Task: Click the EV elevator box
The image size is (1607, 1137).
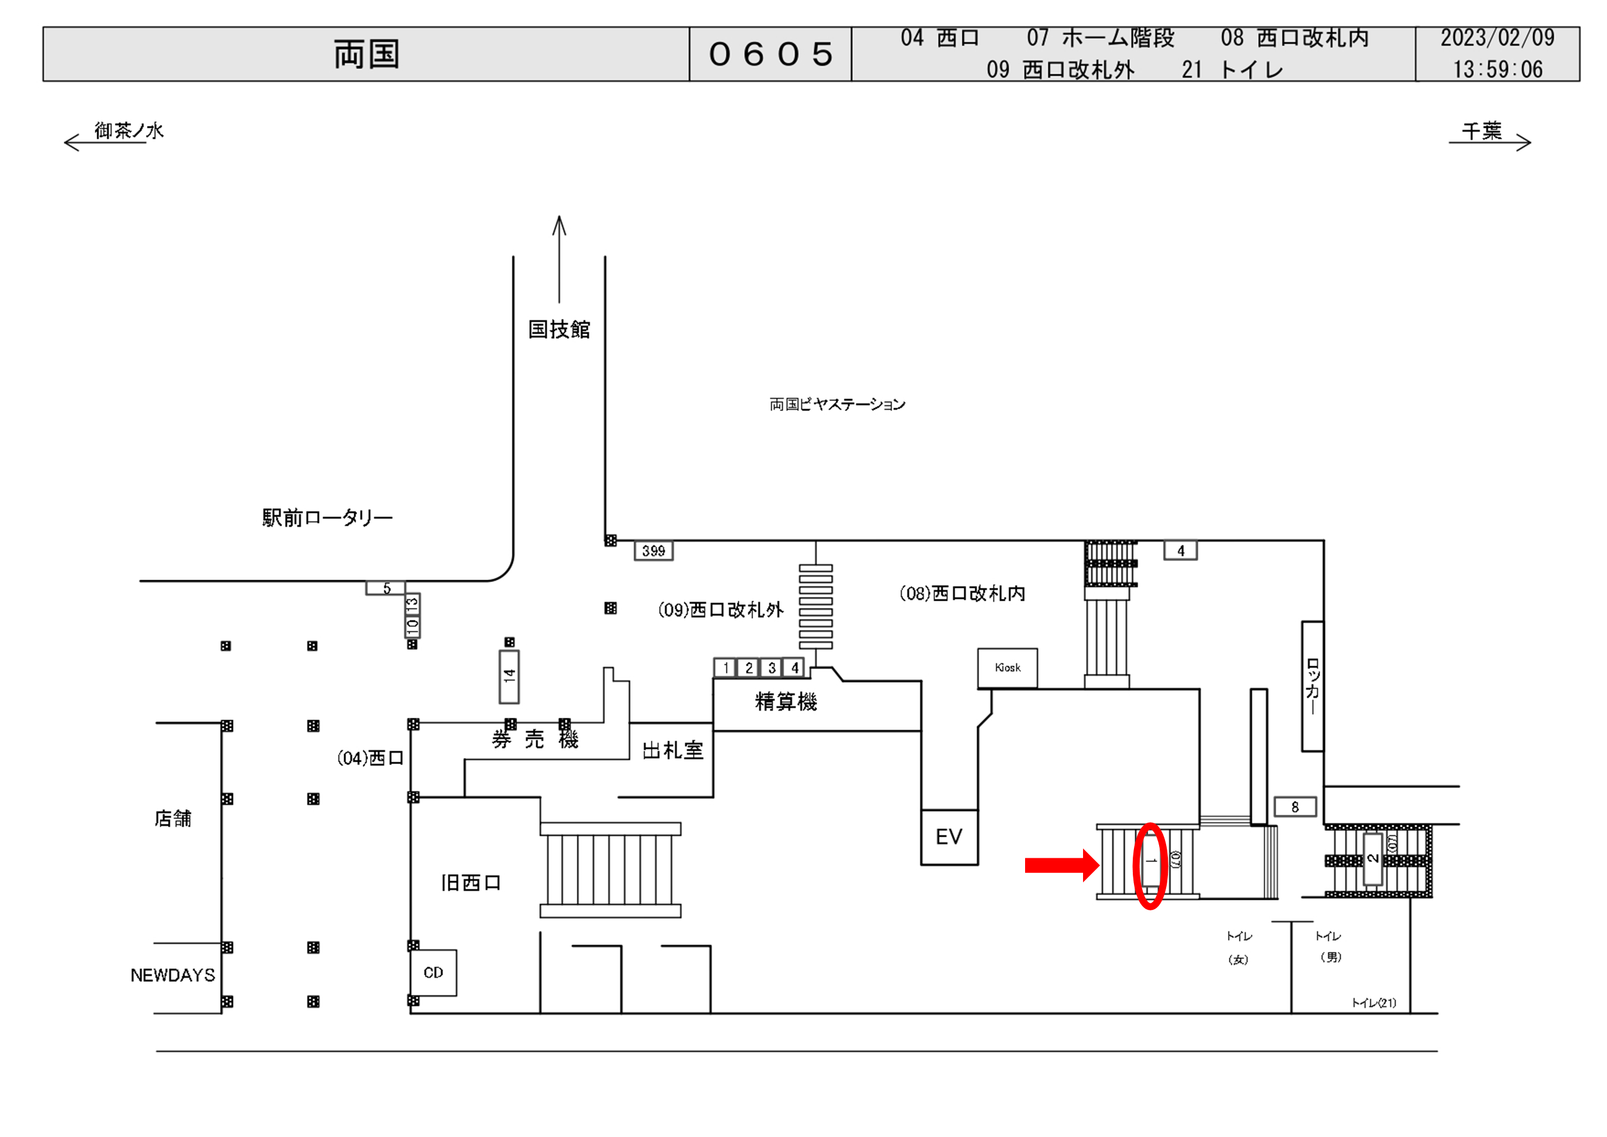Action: click(949, 837)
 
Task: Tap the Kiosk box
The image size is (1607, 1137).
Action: click(1007, 668)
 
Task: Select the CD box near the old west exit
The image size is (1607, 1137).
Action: click(433, 972)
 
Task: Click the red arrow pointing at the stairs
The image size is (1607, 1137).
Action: click(1061, 865)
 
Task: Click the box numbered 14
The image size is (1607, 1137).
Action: click(509, 676)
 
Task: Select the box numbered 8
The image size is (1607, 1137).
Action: click(1295, 807)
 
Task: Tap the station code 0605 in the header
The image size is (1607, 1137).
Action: click(770, 54)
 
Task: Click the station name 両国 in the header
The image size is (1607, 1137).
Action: click(366, 54)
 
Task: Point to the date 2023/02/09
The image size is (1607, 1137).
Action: click(1497, 38)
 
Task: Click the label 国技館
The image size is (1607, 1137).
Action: click(558, 329)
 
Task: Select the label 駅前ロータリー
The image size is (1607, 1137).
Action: click(327, 518)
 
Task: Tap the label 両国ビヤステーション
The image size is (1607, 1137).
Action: click(837, 405)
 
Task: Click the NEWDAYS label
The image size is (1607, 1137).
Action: click(173, 975)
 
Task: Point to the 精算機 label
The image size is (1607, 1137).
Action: click(786, 701)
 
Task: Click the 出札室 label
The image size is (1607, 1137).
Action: click(673, 751)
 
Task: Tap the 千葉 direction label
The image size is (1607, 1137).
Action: click(1482, 131)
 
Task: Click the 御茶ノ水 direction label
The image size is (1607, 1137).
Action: click(129, 131)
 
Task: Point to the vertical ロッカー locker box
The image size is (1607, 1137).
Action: click(1313, 686)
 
